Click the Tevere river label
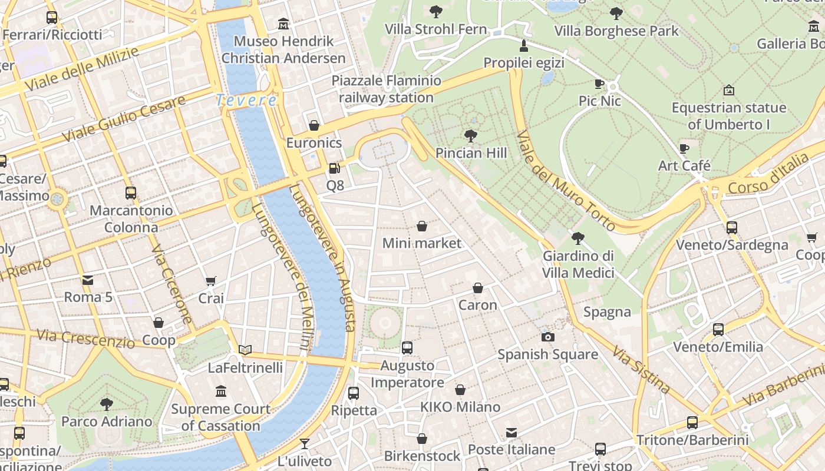[x=246, y=100]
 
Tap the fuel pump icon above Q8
[x=334, y=168]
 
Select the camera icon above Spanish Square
[x=548, y=337]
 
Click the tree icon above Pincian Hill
[x=470, y=136]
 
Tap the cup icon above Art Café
[x=684, y=148]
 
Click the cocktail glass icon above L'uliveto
[x=304, y=443]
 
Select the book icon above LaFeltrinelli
[x=245, y=350]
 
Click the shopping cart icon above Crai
[x=211, y=281]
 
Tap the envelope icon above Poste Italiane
[x=511, y=433]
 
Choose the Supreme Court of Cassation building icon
[x=221, y=392]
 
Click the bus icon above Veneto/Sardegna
[x=732, y=227]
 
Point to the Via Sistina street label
[x=641, y=370]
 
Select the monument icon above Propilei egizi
[x=523, y=45]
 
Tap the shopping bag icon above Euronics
[x=314, y=125]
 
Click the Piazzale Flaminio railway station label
[x=386, y=89]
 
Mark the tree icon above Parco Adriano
[x=107, y=404]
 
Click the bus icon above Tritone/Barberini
[x=692, y=422]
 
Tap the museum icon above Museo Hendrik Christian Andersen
[x=283, y=24]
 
